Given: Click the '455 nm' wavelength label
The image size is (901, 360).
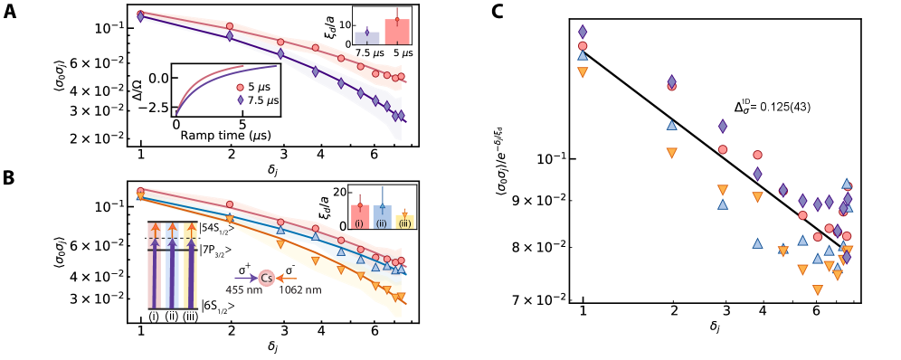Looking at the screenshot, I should coord(243,290).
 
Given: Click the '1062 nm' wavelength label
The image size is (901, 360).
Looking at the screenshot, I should coord(299,290).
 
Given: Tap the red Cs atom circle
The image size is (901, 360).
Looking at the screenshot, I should coord(266,279).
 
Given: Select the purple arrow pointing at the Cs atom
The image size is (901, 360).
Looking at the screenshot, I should coord(245,279).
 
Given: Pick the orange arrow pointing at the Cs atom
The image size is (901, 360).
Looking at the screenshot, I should coord(286,279).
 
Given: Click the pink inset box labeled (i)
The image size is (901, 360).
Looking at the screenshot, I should coord(360,217).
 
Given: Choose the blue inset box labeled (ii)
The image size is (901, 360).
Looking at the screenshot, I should coord(382,217).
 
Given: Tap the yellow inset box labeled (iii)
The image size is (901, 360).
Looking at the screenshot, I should coord(404,221).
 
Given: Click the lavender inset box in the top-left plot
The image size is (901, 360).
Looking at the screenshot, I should coord(366,38).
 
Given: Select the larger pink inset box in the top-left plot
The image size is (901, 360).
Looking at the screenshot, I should coord(396,32).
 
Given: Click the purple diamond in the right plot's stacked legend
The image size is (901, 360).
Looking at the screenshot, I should coord(583,32).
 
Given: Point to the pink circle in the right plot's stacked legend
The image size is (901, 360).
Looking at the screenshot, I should coord(583,45).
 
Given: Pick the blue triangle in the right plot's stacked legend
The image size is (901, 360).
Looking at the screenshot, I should coord(583,56).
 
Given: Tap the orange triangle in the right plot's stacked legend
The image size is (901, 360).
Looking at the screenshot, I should coord(583,71).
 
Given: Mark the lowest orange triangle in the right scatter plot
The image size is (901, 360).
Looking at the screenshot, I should coord(818,290).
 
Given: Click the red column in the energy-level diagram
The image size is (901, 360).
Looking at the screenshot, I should coord(155,265).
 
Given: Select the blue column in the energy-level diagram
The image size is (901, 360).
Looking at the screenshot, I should coord(172,265).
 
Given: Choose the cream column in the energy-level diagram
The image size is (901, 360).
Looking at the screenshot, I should coord(190,265).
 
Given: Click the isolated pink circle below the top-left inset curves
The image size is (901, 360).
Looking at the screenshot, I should coord(240,88).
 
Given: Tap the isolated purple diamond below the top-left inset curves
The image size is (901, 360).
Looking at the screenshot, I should coord(240,100).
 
